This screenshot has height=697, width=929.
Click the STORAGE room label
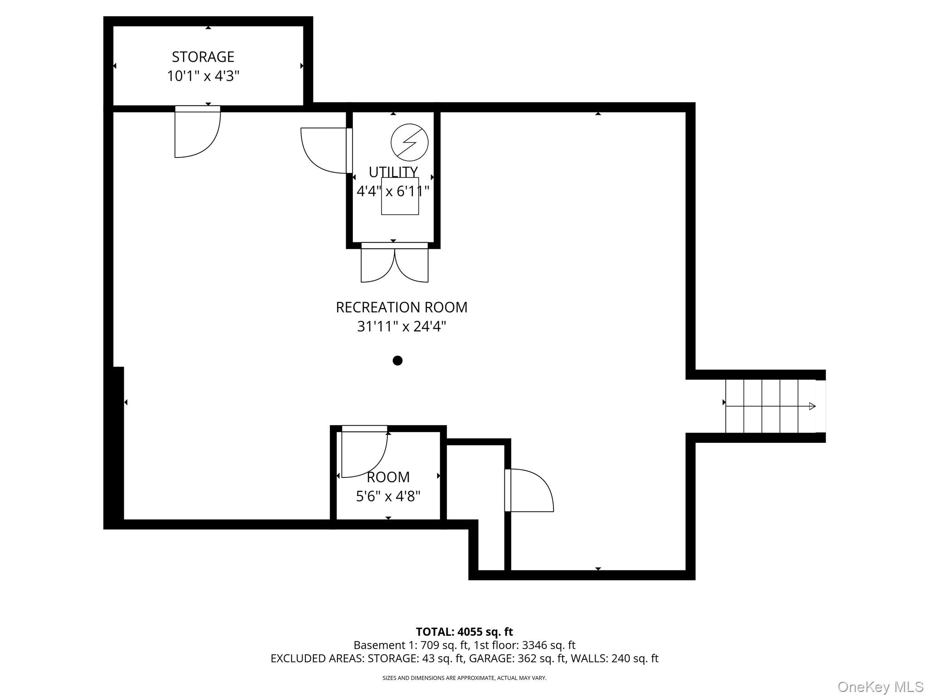[203, 57]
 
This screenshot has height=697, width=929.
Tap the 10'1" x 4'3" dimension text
[203, 76]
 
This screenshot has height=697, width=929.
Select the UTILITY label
[393, 172]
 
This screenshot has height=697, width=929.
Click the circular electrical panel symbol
[409, 142]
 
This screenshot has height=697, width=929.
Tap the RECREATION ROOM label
[401, 307]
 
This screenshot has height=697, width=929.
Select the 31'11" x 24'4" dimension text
[401, 326]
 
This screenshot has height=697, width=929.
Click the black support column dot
[397, 360]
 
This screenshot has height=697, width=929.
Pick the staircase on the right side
[770, 406]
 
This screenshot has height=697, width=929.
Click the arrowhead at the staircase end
[812, 406]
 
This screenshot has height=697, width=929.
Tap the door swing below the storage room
[197, 134]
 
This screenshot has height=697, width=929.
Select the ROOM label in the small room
[388, 477]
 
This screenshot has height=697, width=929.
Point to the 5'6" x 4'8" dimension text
[388, 496]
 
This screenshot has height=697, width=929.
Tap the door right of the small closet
[529, 490]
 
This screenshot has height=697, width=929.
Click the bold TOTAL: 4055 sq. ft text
[464, 632]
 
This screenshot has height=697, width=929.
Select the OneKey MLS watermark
[880, 687]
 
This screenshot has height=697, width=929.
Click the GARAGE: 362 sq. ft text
[517, 658]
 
